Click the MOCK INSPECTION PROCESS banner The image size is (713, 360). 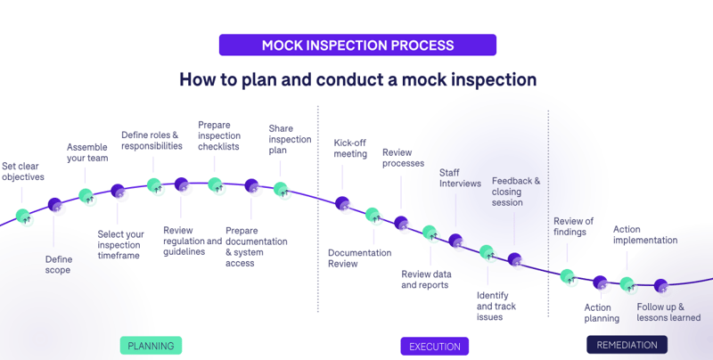(357, 45)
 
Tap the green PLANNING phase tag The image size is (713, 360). (151, 346)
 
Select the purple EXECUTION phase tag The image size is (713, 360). (434, 347)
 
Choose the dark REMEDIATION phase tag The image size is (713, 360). (627, 345)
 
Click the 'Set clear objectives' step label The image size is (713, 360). (23, 172)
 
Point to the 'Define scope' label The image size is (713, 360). (59, 265)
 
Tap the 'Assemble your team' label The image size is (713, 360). (87, 152)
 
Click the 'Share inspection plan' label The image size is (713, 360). (290, 139)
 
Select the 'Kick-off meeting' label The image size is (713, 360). (350, 149)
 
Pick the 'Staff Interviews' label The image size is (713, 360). (460, 178)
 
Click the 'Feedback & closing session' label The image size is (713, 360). (516, 192)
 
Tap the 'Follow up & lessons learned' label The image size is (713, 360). (668, 312)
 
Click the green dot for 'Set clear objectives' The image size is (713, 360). (23, 216)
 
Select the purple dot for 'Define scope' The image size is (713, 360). (55, 205)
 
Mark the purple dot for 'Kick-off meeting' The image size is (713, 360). (342, 204)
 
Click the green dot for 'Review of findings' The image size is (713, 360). (567, 276)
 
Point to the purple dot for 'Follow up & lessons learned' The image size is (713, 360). (660, 286)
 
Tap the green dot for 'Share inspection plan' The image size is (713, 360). (281, 189)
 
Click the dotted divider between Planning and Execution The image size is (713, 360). (318, 209)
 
